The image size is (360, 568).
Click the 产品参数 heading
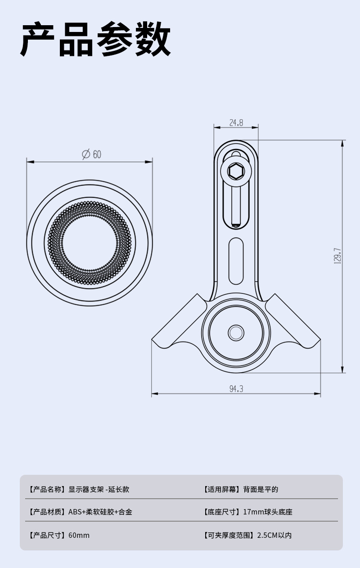coord(95,39)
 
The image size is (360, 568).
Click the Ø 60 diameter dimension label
coord(91,154)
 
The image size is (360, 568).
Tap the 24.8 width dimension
coord(236,123)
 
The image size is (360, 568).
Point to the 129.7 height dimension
coord(337,256)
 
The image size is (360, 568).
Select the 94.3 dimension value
coord(236,389)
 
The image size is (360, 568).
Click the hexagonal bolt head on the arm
coord(236,171)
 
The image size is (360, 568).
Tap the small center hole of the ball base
coord(236,333)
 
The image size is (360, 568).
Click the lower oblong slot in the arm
coord(236,261)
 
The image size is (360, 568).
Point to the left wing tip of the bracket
coord(152,340)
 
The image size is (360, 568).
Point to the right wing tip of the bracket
coord(320,340)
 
